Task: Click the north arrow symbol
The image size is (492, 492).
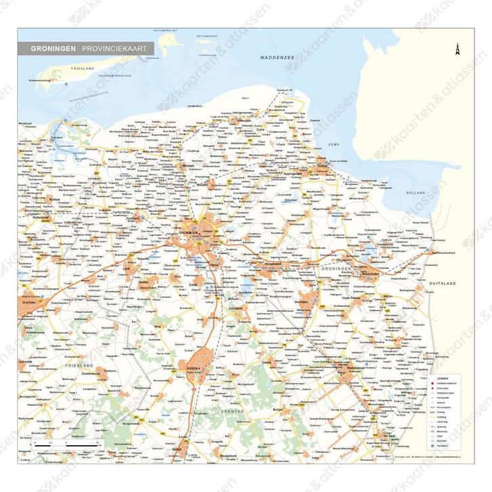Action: (x=457, y=49)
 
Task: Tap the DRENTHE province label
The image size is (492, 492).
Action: (x=221, y=411)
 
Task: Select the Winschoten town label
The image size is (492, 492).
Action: (x=369, y=274)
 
